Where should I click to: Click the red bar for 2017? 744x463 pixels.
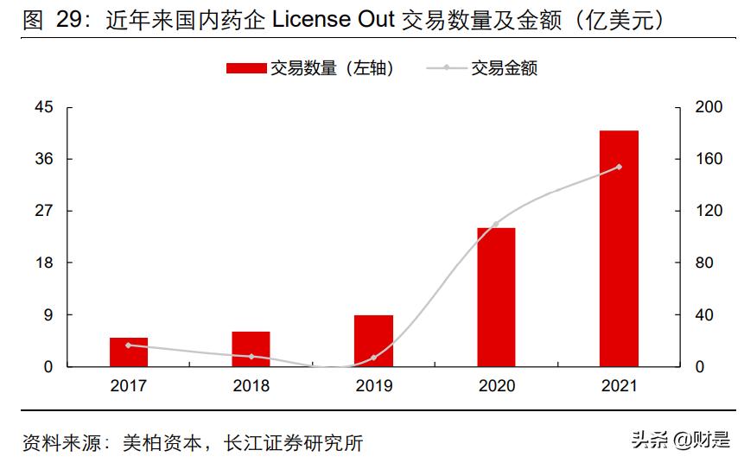click(x=129, y=352)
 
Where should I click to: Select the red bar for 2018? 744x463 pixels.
click(x=251, y=349)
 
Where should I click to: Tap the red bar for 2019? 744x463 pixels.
click(x=373, y=340)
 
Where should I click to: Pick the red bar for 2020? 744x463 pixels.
click(x=496, y=297)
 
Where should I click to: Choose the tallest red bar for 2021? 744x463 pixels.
click(x=619, y=249)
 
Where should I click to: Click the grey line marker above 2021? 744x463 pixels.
click(x=619, y=167)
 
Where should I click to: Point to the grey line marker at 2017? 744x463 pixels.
click(x=129, y=345)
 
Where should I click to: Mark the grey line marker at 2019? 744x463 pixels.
click(x=373, y=358)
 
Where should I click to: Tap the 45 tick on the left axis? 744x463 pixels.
click(x=43, y=107)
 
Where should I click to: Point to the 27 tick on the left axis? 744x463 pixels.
click(x=43, y=211)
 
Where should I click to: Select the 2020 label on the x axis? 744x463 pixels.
click(x=496, y=386)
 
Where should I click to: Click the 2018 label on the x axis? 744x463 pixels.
click(x=251, y=386)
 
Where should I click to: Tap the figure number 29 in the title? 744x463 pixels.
click(x=67, y=20)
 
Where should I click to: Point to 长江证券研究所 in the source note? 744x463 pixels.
click(x=294, y=443)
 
